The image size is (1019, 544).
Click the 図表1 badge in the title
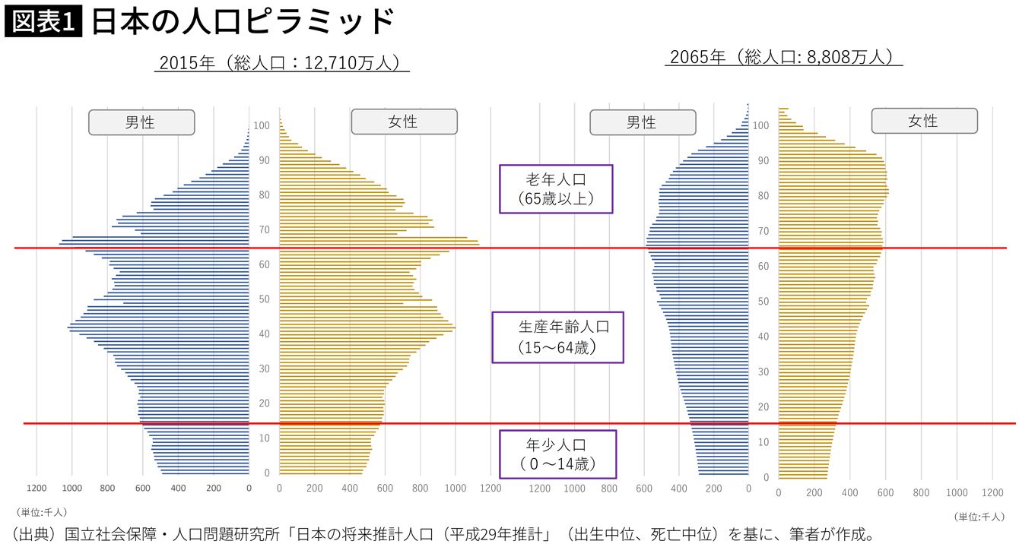[43, 22]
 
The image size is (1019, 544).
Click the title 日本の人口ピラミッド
[243, 22]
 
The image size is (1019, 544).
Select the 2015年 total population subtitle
[282, 62]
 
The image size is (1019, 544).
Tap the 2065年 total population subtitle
[783, 57]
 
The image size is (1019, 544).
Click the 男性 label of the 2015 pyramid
[141, 122]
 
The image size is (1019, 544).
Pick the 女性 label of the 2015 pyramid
[403, 122]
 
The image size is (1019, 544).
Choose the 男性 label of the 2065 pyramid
[641, 122]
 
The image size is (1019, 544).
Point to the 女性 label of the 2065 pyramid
[923, 121]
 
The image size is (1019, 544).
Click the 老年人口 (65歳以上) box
[556, 189]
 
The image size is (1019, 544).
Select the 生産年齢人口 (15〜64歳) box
[557, 337]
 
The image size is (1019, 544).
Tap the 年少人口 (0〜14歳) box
[557, 454]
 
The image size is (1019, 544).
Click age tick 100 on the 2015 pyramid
[261, 125]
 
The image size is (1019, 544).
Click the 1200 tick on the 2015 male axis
[37, 489]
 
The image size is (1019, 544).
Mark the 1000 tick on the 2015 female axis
[456, 489]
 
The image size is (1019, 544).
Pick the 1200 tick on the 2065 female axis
[993, 492]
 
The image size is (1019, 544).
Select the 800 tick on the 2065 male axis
[609, 489]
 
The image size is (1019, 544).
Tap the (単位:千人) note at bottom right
[979, 517]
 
